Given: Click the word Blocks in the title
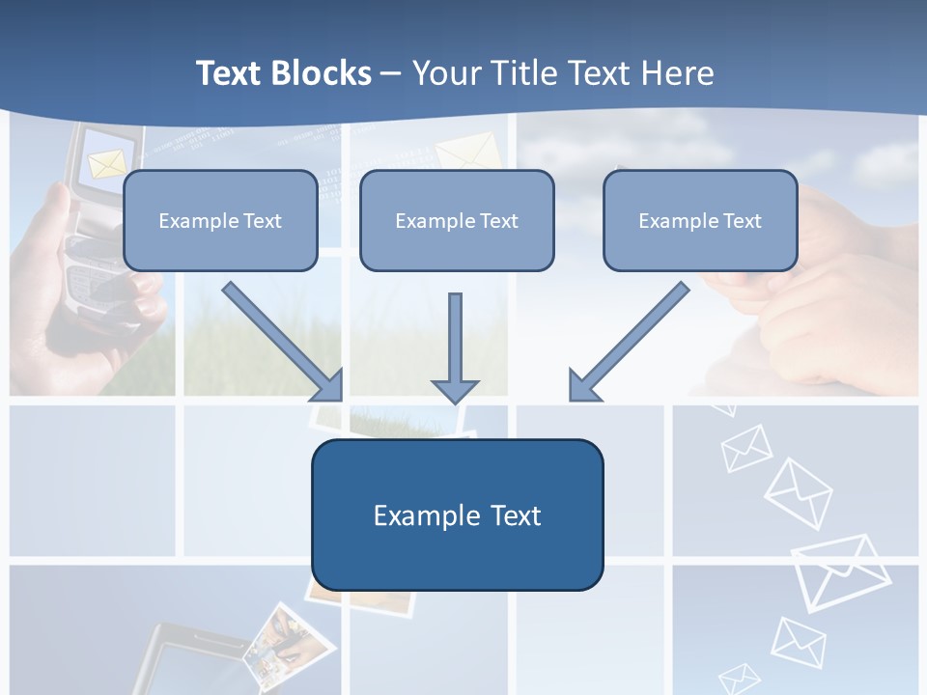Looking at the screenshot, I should click(321, 73).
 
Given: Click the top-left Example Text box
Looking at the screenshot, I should click(220, 220).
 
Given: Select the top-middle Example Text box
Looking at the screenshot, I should click(457, 220).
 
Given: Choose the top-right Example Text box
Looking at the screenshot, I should click(700, 220).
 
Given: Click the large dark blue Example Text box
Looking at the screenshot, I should click(457, 514).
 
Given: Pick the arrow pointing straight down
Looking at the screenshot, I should click(455, 347).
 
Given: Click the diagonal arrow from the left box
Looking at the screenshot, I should click(284, 342).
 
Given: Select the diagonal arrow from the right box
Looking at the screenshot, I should click(628, 342).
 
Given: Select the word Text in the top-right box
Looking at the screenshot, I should click(742, 221).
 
